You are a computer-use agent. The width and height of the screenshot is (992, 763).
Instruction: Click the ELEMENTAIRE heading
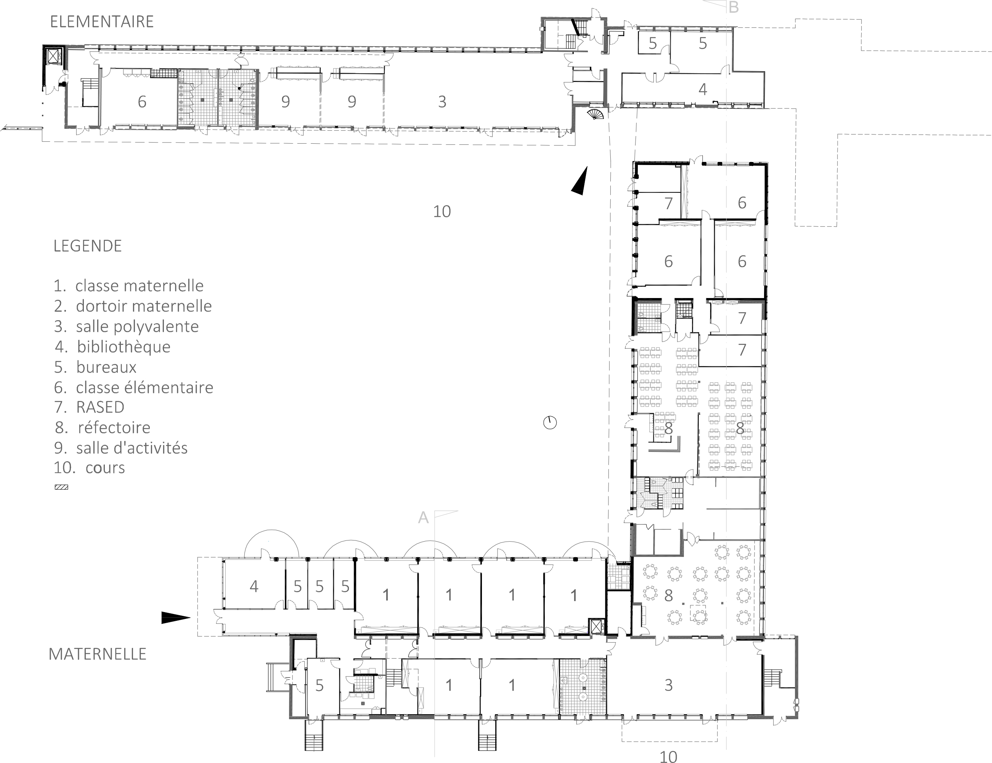click(x=102, y=22)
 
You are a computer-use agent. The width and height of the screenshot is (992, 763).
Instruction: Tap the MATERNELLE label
click(x=98, y=654)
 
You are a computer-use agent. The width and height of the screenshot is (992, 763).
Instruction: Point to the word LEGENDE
click(x=88, y=246)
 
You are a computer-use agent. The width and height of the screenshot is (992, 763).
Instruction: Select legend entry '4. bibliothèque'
click(x=112, y=347)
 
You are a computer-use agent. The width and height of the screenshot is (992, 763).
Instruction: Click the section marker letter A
click(x=423, y=517)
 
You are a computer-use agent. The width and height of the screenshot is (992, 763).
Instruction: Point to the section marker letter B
click(x=734, y=7)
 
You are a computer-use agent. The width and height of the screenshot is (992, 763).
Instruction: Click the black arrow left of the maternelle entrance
click(x=176, y=618)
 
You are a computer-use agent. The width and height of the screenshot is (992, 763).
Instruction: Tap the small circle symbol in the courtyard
click(x=550, y=423)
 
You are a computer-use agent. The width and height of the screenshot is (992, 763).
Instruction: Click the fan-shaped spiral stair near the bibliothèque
click(x=596, y=114)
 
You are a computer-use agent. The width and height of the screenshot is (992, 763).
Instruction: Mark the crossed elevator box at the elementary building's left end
click(x=54, y=56)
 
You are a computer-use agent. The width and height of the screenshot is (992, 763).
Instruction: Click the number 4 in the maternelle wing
click(x=254, y=587)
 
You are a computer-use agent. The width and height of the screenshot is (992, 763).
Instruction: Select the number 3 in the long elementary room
click(x=442, y=102)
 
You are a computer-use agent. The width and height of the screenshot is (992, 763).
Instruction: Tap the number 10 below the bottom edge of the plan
click(x=668, y=756)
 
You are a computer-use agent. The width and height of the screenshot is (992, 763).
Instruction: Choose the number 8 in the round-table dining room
click(x=668, y=595)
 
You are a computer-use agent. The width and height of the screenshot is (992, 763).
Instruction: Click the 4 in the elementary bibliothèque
click(x=703, y=90)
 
